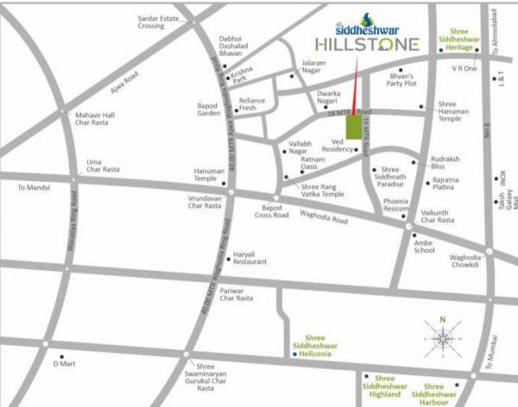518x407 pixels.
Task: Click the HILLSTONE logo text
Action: coord(367,44)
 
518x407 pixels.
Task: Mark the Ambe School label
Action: coord(425,245)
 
